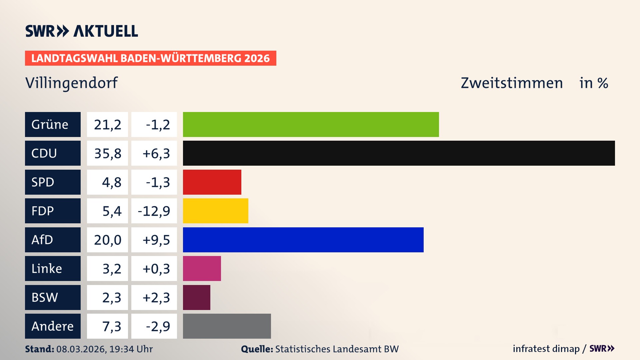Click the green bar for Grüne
tap(311, 124)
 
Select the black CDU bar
tap(399, 153)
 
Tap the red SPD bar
tap(212, 182)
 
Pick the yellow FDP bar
tap(215, 211)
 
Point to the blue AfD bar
tap(303, 240)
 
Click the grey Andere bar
tap(227, 326)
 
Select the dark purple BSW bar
tap(196, 297)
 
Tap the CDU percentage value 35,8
tap(107, 153)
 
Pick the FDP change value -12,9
tap(154, 211)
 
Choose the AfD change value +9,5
tap(156, 240)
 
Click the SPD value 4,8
tap(111, 182)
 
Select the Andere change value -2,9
tap(158, 326)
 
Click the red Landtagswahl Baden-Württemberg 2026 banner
tap(150, 58)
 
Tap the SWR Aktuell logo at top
tap(81, 31)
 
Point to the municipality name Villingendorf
tap(71, 83)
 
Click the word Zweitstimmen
tap(512, 83)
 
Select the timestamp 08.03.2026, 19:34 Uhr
tap(104, 349)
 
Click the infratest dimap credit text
tap(546, 349)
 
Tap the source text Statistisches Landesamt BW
tap(337, 349)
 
